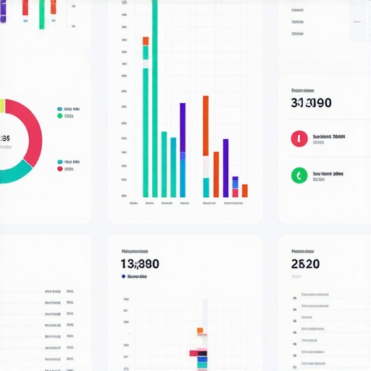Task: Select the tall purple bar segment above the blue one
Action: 183,128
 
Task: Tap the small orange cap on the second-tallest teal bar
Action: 146,41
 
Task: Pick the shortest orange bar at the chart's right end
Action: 245,191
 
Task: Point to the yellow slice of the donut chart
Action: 2,107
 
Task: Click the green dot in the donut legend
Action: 59,115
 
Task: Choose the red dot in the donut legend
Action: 59,169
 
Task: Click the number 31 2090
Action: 311,103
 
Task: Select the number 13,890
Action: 140,264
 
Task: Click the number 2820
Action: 305,264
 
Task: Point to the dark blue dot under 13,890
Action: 123,276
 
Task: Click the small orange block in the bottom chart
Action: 201,330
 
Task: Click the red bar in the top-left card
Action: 25,7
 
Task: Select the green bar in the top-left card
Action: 42,14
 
